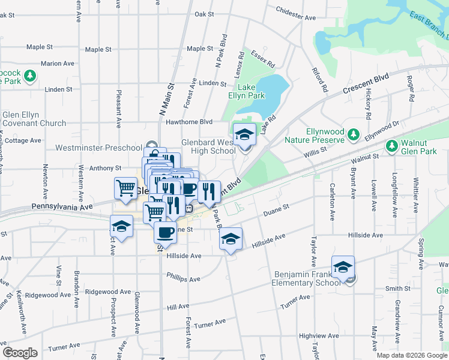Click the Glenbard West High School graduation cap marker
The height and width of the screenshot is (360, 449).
click(x=244, y=134)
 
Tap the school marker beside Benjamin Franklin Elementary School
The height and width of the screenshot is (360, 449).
click(x=343, y=266)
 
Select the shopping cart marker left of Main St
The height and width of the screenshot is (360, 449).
click(x=126, y=188)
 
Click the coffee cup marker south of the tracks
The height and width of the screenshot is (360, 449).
click(x=165, y=232)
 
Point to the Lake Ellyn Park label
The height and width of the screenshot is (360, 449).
click(x=246, y=91)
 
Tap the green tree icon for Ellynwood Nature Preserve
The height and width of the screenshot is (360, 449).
click(x=354, y=133)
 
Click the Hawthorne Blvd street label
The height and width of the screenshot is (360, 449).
click(x=190, y=121)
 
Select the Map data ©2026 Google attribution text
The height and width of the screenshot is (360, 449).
click(x=411, y=355)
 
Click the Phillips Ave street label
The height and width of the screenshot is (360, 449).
click(x=184, y=279)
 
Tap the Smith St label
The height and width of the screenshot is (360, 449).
click(x=397, y=289)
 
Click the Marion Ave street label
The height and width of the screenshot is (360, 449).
click(x=58, y=63)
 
